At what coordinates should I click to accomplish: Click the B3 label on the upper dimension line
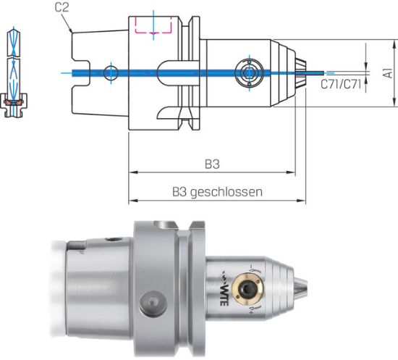tap(211, 164)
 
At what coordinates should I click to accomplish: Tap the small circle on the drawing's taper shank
tap(109, 72)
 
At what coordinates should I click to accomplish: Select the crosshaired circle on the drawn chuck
tap(247, 72)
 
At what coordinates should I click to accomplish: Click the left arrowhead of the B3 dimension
tap(132, 174)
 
